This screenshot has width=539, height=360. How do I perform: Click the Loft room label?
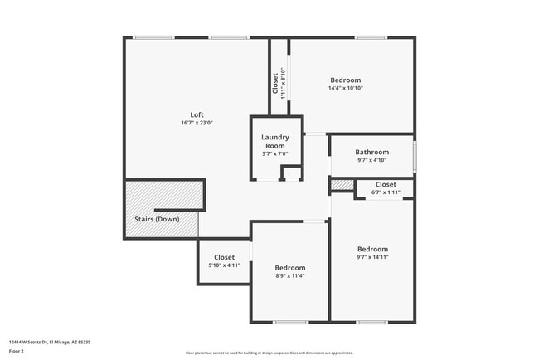197,114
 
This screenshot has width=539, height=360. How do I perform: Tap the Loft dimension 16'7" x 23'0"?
197,123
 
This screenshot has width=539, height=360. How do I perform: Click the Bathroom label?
371,152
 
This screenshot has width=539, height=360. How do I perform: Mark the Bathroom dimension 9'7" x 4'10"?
371,160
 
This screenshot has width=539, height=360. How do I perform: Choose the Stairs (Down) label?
157,220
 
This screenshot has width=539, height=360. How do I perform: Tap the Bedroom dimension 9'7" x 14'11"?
372,257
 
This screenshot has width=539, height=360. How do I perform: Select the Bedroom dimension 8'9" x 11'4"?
290,276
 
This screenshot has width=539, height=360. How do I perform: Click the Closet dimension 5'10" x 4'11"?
224,265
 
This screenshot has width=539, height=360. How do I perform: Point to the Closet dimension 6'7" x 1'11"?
386,192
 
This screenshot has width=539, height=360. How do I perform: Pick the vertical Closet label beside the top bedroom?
275,83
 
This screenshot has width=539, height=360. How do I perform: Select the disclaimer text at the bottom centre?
269,353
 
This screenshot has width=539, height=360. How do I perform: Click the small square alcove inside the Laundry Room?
290,173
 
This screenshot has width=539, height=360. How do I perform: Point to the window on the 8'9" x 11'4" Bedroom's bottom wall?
290,322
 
